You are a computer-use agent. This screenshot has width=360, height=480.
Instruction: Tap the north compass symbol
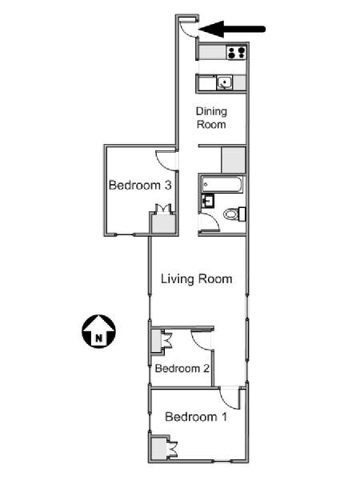pos(98,330)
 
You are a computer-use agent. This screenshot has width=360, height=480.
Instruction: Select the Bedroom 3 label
pos(140,186)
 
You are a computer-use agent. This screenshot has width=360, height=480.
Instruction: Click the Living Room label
pos(196,279)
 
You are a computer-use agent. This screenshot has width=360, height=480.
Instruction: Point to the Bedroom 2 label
pos(182,369)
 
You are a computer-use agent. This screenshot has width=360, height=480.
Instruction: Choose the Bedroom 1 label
pos(196,417)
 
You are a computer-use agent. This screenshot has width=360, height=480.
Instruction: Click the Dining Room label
pos(211,118)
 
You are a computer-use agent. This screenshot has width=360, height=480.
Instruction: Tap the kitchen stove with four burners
pos(236,53)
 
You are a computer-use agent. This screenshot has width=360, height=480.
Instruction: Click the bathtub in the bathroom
pos(218,185)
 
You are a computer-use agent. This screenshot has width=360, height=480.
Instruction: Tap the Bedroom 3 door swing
pos(166,158)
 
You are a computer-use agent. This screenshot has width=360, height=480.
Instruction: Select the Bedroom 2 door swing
pos(202,340)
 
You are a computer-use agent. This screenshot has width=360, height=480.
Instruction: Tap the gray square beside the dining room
pos(234,160)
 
